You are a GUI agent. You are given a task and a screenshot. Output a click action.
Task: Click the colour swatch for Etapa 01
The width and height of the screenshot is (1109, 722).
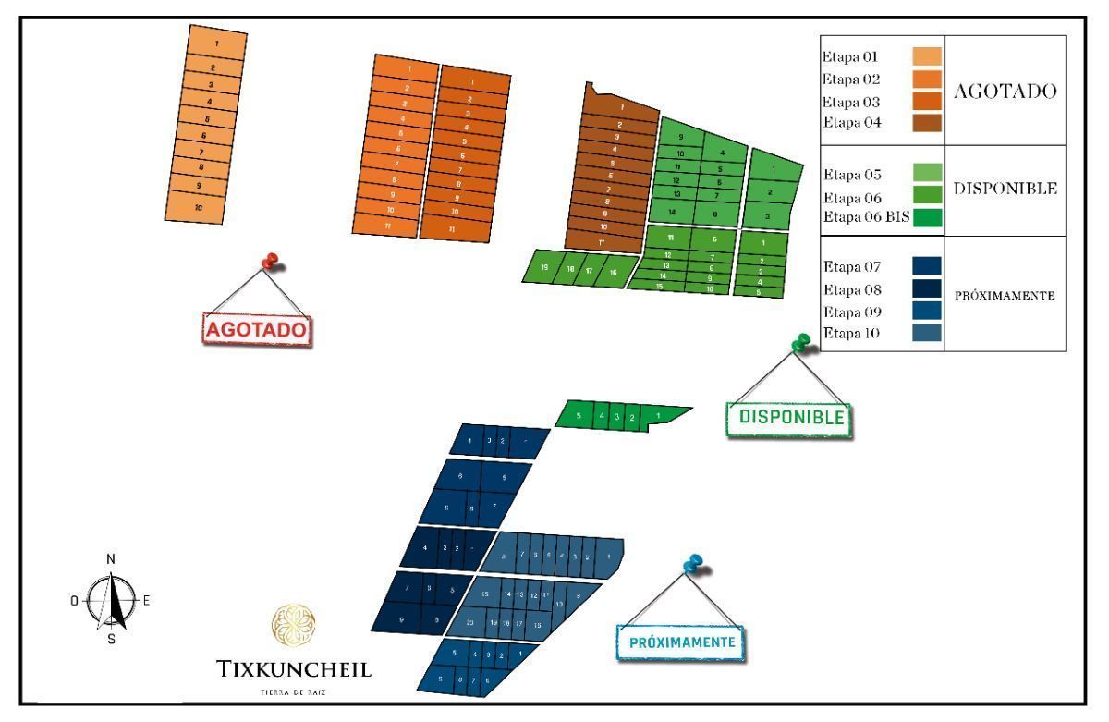point(927,56)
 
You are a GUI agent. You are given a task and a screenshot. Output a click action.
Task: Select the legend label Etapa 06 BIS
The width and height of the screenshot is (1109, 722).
point(866,219)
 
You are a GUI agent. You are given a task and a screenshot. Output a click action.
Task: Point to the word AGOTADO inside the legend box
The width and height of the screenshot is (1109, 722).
point(1002,92)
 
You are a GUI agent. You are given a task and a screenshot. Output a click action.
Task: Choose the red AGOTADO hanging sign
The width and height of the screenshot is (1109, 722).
point(257,329)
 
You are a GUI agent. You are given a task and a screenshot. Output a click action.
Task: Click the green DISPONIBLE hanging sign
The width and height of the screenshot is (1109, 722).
point(791,417)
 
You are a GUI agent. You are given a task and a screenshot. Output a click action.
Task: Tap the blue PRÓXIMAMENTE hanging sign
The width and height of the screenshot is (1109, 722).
point(682,642)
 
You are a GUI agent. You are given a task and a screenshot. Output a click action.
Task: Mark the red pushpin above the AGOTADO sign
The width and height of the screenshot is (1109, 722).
point(270,263)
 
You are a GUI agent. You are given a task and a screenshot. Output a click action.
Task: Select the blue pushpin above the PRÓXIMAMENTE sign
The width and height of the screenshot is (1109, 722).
point(692,563)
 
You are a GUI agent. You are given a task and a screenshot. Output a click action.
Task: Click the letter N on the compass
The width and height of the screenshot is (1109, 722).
point(111,559)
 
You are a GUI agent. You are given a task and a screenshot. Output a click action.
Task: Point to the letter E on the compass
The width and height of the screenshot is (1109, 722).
point(146,600)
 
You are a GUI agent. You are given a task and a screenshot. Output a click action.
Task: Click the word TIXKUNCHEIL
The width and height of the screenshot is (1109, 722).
point(294,669)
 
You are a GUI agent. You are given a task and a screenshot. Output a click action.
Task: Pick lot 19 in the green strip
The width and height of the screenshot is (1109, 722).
point(545,267)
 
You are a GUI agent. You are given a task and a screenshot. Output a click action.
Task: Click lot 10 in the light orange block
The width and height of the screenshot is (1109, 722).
point(198,209)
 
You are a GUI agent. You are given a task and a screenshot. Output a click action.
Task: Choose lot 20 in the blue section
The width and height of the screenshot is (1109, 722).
point(470,622)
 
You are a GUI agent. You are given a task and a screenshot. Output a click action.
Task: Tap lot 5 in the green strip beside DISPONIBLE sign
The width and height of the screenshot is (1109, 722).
point(579,416)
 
